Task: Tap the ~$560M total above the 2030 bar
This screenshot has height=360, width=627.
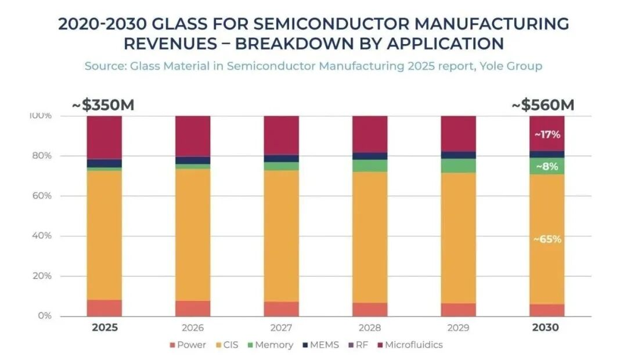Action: pos(543,106)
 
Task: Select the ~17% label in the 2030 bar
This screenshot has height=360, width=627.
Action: pos(547,134)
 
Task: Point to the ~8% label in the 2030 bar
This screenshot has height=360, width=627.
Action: pos(547,166)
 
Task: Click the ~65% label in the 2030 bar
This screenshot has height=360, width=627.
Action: pos(547,239)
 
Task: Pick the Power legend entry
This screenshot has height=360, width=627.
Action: pos(188,345)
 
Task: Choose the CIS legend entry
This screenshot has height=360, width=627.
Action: pos(228,345)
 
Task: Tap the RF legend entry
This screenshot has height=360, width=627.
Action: pos(359,345)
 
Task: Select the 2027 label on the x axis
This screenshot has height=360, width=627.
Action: pos(281,327)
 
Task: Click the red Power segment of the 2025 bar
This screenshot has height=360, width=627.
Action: pos(105,308)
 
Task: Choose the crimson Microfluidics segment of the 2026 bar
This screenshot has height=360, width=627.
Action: pos(193,136)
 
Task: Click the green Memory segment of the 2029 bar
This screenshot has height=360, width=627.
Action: pos(458,165)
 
